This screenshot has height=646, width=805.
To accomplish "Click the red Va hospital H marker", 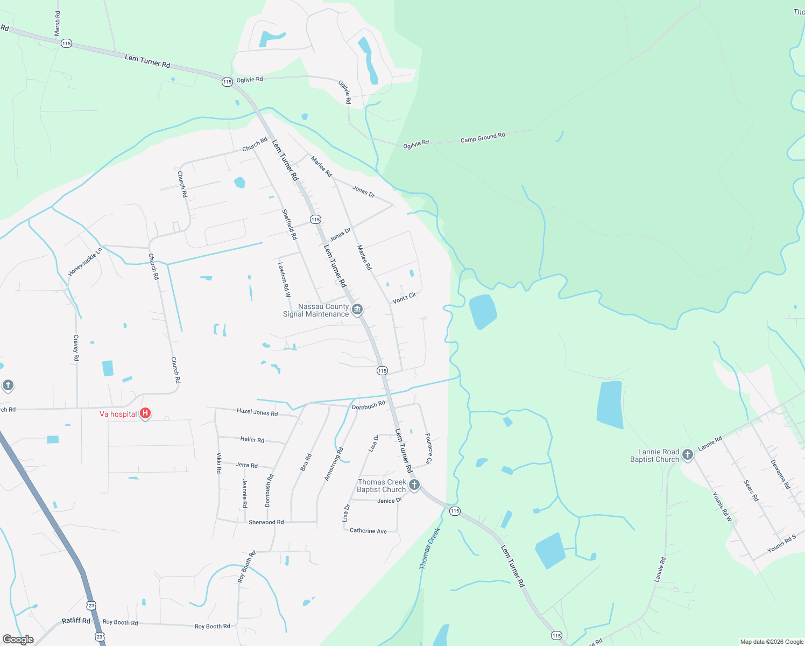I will [145, 413].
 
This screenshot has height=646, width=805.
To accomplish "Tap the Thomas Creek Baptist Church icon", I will [414, 485].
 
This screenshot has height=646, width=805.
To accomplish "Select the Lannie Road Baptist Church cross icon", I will [687, 455].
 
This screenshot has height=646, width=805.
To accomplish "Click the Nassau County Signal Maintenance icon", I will [357, 310].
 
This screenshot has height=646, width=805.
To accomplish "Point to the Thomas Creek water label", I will [430, 548].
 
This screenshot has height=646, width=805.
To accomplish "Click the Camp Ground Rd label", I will [483, 138].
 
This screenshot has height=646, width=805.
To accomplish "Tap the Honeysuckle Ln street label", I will [85, 262].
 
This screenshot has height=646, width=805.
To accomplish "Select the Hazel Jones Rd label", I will [257, 412].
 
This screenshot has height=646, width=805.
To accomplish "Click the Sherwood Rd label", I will [266, 522].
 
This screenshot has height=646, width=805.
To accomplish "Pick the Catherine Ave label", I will [368, 531].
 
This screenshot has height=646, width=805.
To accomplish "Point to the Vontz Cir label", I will [404, 298].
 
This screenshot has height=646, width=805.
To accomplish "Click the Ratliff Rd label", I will [76, 621].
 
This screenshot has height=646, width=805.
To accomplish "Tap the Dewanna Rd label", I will [780, 474].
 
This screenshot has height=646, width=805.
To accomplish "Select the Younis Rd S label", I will [781, 544].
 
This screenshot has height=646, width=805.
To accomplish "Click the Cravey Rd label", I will [76, 347].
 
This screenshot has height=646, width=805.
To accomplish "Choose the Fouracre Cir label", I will [428, 448].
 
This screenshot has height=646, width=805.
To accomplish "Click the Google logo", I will [18, 640].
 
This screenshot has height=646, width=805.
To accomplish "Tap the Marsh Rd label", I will [58, 24].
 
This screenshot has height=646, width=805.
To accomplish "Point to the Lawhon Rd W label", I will [284, 279].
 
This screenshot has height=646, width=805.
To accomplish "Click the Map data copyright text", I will [772, 642].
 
